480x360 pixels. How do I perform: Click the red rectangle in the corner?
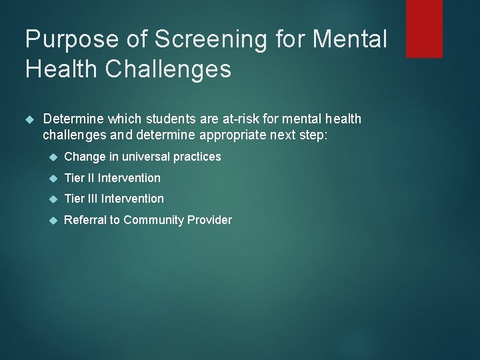click(x=424, y=28)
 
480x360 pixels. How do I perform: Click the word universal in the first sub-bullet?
click(x=146, y=157)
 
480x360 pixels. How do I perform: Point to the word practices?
click(x=197, y=157)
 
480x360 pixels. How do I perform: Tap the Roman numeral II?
click(x=89, y=178)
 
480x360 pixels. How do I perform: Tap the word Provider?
click(x=211, y=219)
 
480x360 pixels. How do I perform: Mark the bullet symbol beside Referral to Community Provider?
click(x=53, y=219)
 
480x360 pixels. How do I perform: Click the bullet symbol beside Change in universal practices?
click(x=53, y=157)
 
